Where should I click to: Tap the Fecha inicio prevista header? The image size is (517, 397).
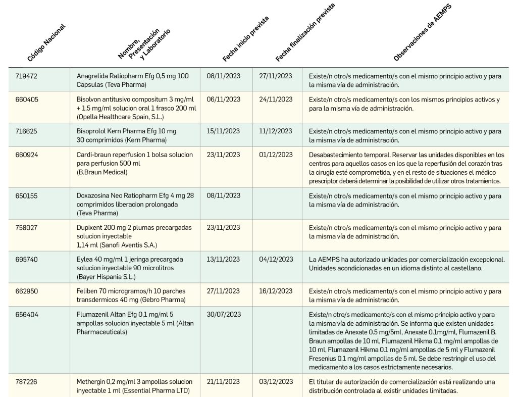click(246, 39)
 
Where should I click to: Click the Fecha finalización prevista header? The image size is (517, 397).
click(305, 32)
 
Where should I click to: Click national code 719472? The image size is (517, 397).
click(26, 76)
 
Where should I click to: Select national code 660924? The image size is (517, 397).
click(26, 155)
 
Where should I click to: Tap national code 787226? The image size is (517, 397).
click(26, 381)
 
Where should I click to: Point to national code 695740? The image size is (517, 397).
click(26, 259)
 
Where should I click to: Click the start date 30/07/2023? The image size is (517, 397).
click(224, 314)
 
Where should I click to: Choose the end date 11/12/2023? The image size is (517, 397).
click(276, 131)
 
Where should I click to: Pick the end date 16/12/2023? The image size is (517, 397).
click(276, 291)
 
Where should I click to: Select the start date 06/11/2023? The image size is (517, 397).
click(224, 100)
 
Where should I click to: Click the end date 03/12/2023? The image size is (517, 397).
click(276, 381)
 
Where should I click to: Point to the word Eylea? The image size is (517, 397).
click(85, 259)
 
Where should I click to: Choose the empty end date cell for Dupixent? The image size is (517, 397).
click(277, 235)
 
